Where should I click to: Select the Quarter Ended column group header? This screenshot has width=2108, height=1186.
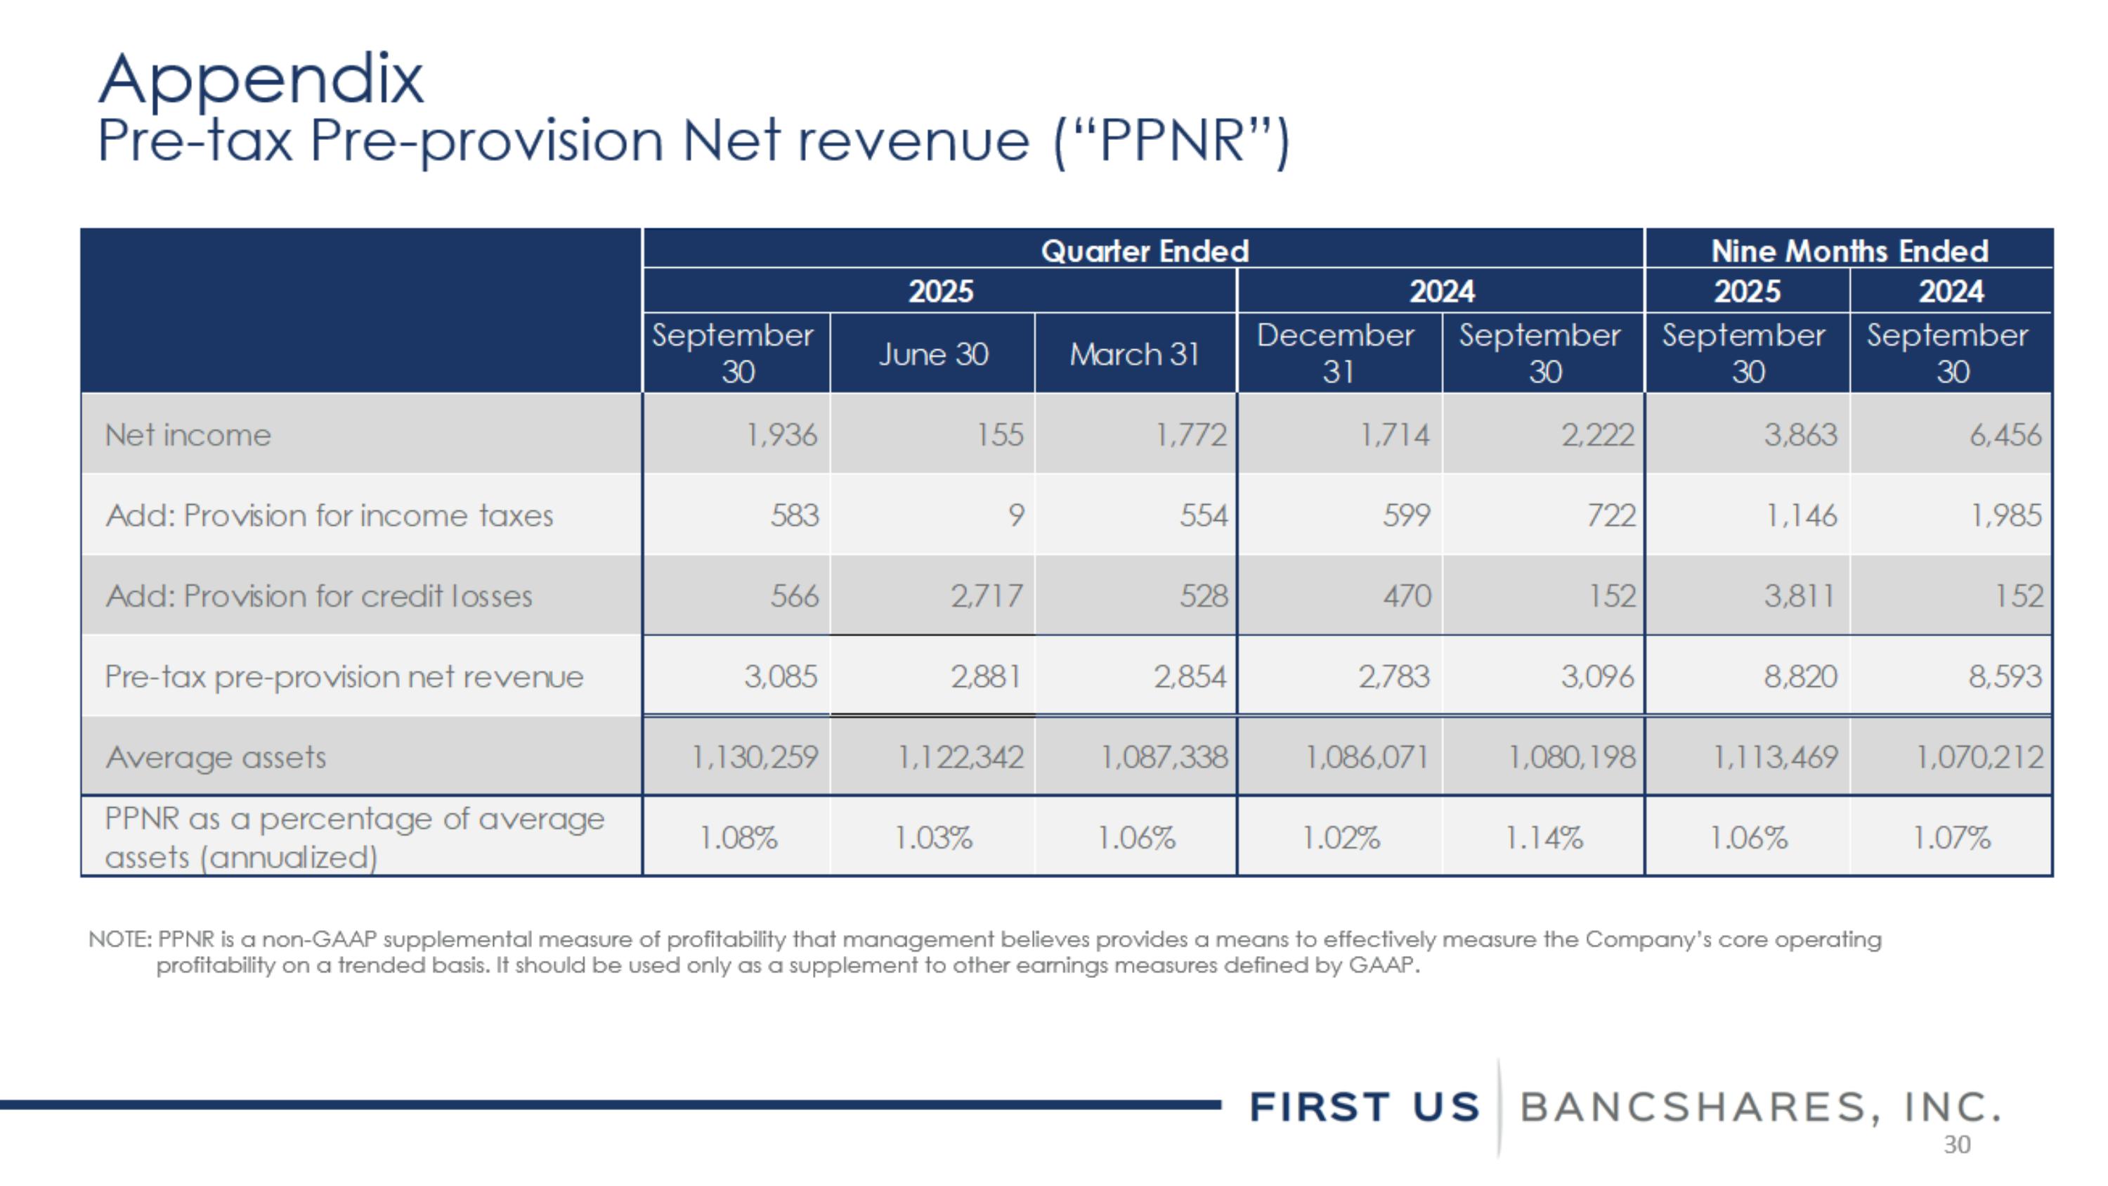[x=1144, y=250]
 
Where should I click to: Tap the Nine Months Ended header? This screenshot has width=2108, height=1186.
[x=1849, y=250]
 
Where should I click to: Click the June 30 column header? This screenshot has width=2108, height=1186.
[x=933, y=354]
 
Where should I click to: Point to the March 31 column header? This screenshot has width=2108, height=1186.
[x=1134, y=354]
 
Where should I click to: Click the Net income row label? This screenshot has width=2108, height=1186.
[x=188, y=434]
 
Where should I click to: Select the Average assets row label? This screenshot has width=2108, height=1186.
[x=215, y=757]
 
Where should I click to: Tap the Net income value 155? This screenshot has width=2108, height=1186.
[x=999, y=434]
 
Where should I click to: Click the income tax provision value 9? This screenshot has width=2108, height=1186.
[x=1015, y=515]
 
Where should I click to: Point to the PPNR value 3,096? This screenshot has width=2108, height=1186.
[x=1596, y=677]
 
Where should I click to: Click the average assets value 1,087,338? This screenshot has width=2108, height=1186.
[x=1164, y=757]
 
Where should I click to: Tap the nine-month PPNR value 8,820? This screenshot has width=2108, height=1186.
[x=1800, y=677]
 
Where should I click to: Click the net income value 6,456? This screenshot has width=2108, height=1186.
[x=2005, y=434]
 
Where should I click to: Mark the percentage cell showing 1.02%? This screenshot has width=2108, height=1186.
[x=1341, y=837]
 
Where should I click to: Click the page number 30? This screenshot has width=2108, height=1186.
[x=1957, y=1145]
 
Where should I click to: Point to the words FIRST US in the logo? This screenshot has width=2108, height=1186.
[x=1364, y=1107]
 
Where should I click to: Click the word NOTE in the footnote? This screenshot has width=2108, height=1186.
[x=118, y=939]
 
